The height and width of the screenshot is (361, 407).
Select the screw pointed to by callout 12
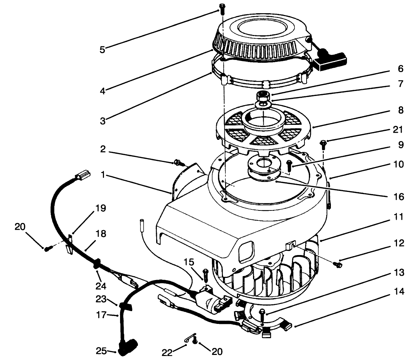[x=337, y=264]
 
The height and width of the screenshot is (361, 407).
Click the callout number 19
[x=101, y=208]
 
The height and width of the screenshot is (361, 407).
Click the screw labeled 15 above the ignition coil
[x=205, y=274]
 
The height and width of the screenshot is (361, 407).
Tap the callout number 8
[x=400, y=111]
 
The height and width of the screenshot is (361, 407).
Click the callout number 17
[x=102, y=315]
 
